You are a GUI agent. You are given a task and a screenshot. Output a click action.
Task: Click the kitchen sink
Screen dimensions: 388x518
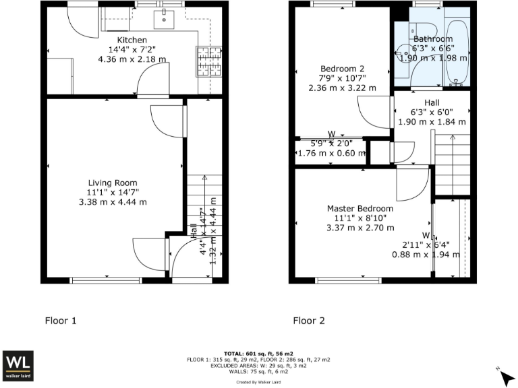coord(165,21)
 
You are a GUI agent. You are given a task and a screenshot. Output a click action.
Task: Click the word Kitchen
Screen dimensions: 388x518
coord(132,40)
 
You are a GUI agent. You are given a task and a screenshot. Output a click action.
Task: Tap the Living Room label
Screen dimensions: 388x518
coord(113,183)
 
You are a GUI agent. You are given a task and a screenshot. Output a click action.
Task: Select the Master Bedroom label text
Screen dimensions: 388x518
coord(360,208)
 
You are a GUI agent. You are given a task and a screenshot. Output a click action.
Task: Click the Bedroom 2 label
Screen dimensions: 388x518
coord(342,69)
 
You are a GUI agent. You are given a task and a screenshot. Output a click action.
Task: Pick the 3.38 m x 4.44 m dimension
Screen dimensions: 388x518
coord(113,201)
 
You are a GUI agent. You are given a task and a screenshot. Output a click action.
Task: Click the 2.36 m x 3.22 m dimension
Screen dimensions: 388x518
coord(342,88)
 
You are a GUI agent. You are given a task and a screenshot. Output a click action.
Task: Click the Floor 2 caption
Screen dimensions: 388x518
coord(309,321)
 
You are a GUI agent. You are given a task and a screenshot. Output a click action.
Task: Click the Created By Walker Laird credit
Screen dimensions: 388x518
coord(258,382)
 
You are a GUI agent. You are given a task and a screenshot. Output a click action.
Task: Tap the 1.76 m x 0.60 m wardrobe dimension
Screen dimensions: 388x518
coord(331,154)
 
